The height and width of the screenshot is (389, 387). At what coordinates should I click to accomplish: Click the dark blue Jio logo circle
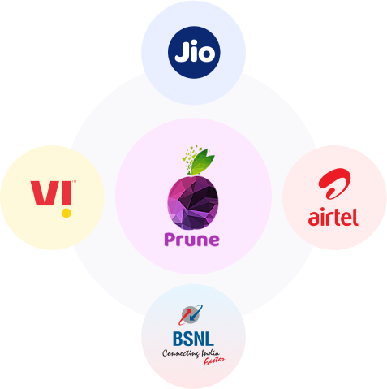pyautogui.click(x=194, y=52)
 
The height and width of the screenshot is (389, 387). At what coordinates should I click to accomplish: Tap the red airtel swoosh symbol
pyautogui.click(x=334, y=184)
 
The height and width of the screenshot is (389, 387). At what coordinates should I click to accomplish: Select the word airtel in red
pyautogui.click(x=333, y=217)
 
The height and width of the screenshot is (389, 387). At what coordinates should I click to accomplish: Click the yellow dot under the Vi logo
pyautogui.click(x=67, y=213)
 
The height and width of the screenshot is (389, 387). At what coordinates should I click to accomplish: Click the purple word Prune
pyautogui.click(x=191, y=240)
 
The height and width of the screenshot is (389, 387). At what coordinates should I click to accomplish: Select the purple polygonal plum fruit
pyautogui.click(x=193, y=202)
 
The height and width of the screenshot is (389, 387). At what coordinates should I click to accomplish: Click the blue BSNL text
pyautogui.click(x=193, y=339)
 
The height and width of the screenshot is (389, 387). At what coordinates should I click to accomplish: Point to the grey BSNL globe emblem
pyautogui.click(x=191, y=314)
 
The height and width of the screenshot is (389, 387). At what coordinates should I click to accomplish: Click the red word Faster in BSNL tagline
pyautogui.click(x=213, y=361)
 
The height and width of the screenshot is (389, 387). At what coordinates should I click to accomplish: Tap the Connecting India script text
pyautogui.click(x=191, y=353)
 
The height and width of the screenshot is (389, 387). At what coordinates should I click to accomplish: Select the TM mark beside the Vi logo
pyautogui.click(x=74, y=182)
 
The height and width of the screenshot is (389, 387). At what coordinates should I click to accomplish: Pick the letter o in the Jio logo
pyautogui.click(x=207, y=54)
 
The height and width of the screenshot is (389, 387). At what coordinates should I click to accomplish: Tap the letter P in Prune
pyautogui.click(x=170, y=240)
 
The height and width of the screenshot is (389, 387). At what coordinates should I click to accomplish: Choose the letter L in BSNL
pyautogui.click(x=209, y=339)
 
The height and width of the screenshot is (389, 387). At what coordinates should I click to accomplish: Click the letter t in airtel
pyautogui.click(x=337, y=217)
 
